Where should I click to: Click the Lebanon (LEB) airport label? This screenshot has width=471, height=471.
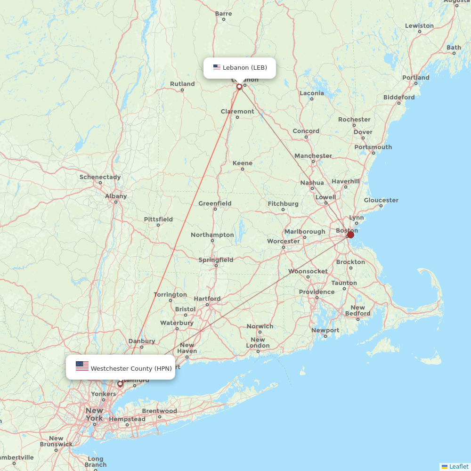tap(244, 68)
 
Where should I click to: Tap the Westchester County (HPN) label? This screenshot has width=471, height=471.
tap(131, 368)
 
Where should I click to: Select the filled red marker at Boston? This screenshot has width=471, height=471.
tap(350, 235)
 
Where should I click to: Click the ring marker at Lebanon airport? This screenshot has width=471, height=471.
tap(239, 87)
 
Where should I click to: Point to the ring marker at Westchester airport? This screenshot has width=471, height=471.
tap(120, 384)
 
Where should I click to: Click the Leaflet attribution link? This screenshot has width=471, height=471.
tap(458, 466)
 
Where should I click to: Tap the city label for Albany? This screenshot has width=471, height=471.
tap(116, 196)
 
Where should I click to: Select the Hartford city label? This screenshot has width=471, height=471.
tap(207, 299)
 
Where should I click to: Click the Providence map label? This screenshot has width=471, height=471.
tap(317, 292)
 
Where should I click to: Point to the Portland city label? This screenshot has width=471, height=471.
tap(416, 78)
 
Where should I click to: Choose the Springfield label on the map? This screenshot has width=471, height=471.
tap(216, 260)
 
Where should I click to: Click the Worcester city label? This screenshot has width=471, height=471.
tap(283, 241)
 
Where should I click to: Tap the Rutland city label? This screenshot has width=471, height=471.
tap(182, 84)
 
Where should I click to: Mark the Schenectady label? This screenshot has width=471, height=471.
tap(100, 177)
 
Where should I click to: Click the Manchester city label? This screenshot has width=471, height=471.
tap(313, 156)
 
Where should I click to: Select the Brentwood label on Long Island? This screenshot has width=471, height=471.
tap(159, 411)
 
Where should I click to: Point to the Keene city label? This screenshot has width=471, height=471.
tap(243, 163)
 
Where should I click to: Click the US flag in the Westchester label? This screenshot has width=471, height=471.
tap(82, 366)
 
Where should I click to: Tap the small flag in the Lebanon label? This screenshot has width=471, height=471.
tap(217, 67)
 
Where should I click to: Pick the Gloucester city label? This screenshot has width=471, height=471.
tap(381, 200)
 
